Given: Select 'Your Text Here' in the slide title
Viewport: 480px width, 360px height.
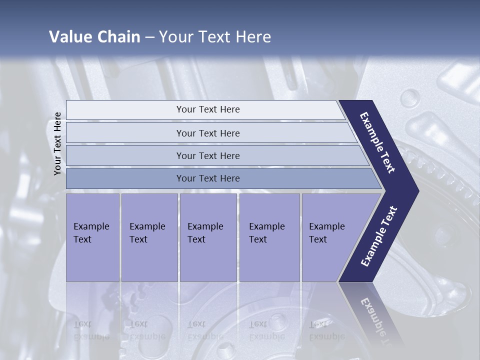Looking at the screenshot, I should (x=215, y=37).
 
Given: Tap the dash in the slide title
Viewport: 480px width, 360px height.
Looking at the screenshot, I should (x=149, y=37).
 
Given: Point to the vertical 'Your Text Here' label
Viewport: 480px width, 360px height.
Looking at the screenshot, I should (x=57, y=143).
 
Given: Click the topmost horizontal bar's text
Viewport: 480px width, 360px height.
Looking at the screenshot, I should (x=208, y=109).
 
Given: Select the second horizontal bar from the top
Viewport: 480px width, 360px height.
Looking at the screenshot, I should (x=208, y=133).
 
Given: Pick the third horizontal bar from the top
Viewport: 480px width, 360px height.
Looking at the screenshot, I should (x=208, y=155).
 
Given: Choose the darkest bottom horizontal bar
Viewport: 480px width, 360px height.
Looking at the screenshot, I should (x=208, y=178).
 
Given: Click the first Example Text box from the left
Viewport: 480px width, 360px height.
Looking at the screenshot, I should (x=92, y=237).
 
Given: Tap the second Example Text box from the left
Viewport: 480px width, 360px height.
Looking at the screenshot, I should (x=149, y=237).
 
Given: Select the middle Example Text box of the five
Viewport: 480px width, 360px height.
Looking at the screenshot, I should (x=208, y=237).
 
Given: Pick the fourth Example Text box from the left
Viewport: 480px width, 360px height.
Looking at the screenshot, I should (x=269, y=237).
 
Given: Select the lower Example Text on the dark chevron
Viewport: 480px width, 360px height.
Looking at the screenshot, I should (x=379, y=236).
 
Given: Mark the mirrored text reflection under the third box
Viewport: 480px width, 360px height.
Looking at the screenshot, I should (x=205, y=330).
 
